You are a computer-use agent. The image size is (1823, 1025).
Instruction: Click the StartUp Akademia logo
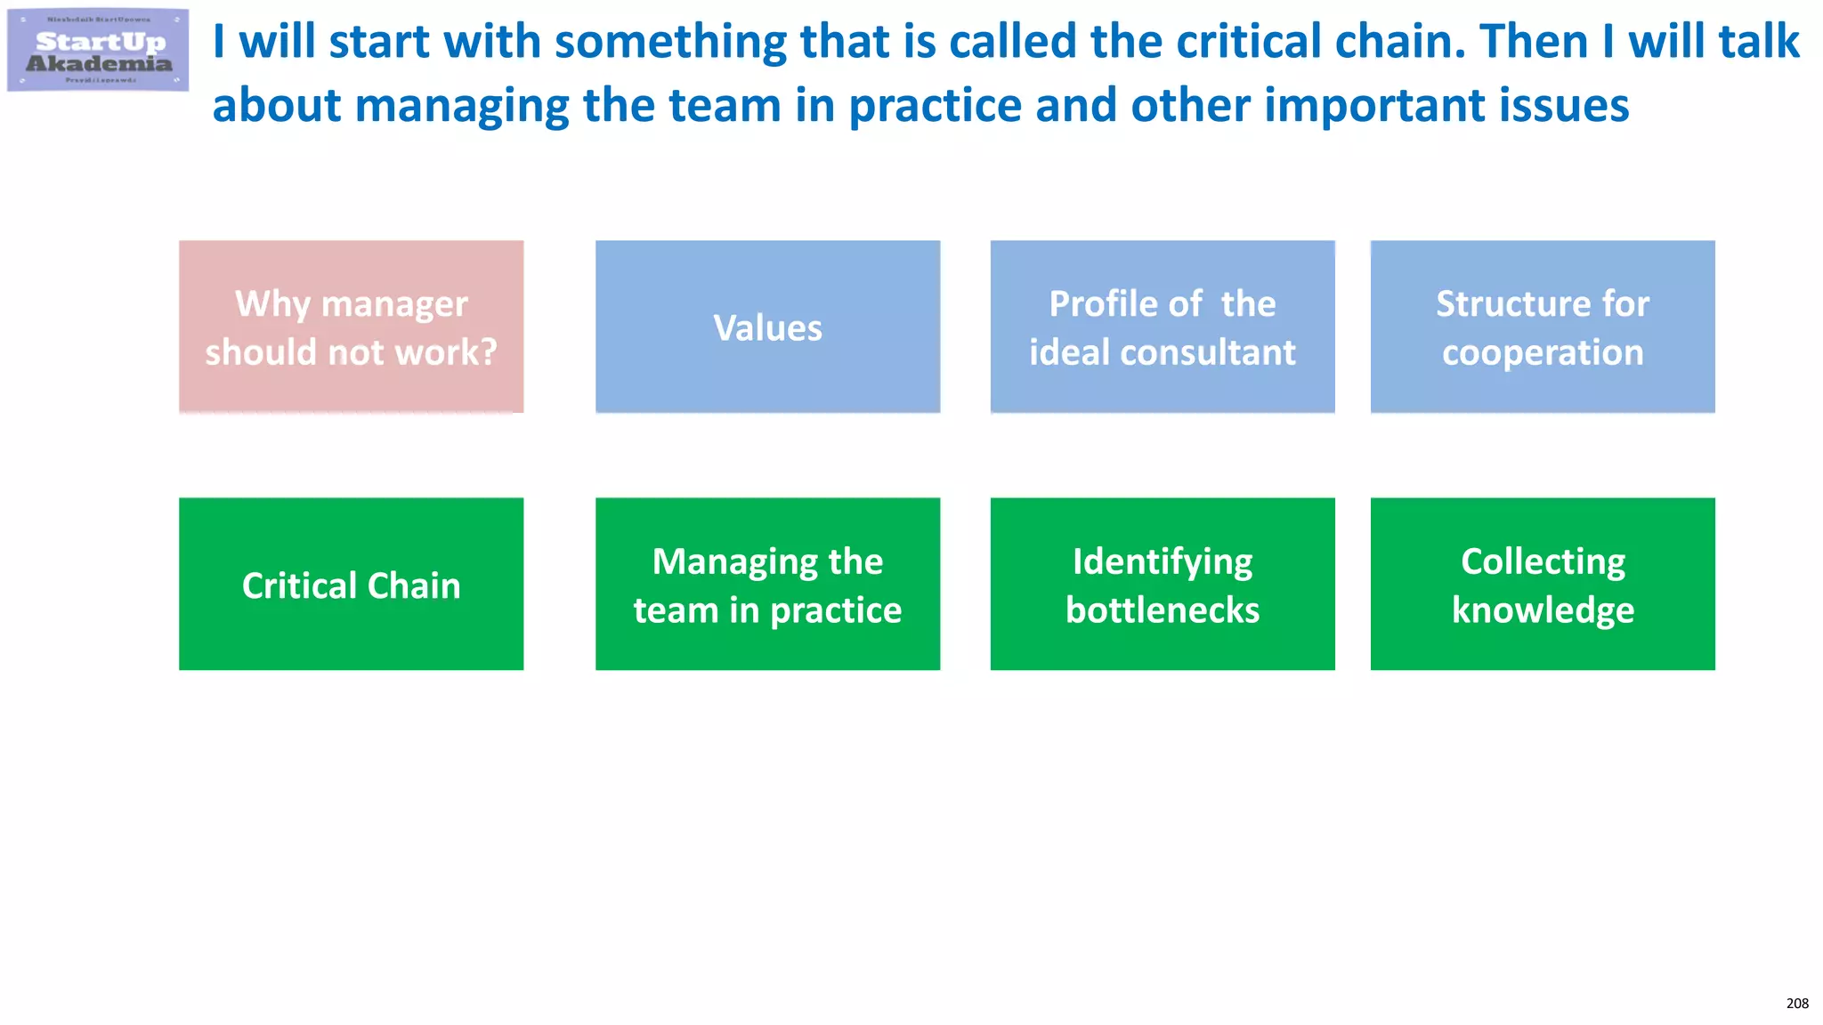coord(98,50)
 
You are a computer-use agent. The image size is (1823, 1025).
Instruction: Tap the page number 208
coord(1797,1004)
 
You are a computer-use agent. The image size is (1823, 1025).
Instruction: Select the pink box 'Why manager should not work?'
coord(351,327)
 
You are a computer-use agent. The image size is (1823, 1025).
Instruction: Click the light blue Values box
coord(767,327)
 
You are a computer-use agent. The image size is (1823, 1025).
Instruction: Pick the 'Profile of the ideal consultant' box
coord(1163,327)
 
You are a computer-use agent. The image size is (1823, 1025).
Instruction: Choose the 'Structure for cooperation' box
coord(1543,327)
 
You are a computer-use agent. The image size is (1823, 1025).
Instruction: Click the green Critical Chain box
coord(351,584)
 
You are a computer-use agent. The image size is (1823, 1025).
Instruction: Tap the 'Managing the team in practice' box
coord(767,584)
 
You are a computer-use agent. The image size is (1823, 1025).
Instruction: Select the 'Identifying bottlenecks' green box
coord(1163,584)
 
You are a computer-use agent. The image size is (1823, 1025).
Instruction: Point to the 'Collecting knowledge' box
coord(1543,584)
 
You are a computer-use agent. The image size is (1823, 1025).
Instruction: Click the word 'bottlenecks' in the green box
coord(1163,610)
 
